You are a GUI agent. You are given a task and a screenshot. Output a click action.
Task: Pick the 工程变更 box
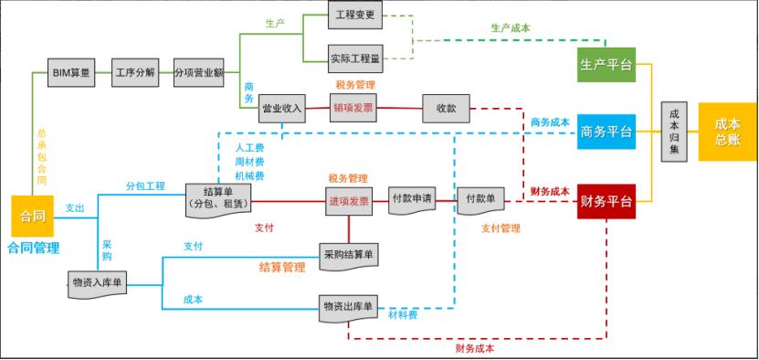[x=356, y=16]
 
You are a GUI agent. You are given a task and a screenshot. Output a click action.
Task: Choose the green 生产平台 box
[x=606, y=65]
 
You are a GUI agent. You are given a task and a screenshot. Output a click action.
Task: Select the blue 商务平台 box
[x=606, y=132]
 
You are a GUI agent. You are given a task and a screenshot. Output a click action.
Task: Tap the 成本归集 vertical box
[x=675, y=132]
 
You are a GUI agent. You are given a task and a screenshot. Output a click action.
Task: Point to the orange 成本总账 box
[x=728, y=132]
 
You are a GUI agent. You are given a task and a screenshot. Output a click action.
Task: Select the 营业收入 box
[x=282, y=108]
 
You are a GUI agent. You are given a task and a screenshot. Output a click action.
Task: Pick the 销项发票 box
[x=353, y=108]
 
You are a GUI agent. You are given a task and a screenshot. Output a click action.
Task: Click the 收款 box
[x=446, y=108]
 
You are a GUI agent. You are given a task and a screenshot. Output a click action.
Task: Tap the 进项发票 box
[x=348, y=201]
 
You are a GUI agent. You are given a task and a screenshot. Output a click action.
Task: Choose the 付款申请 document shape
[x=412, y=200]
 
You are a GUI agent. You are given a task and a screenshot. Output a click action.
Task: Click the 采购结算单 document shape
[x=348, y=253]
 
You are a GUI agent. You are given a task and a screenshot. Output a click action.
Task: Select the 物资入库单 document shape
[x=97, y=284]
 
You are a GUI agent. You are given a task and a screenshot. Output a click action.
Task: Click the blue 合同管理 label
[x=34, y=248]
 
